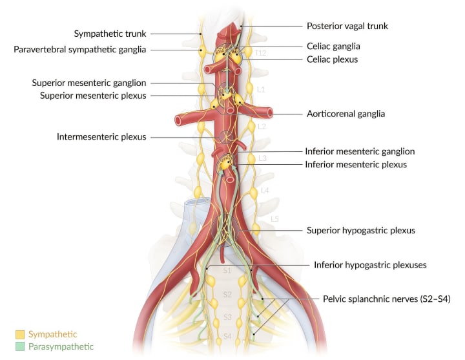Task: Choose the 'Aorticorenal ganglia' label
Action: [x=346, y=114]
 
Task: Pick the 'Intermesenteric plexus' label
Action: [x=101, y=137]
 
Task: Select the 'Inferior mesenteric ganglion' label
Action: [x=360, y=151]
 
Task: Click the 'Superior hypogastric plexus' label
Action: [x=360, y=230]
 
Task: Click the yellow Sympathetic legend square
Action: [x=19, y=334]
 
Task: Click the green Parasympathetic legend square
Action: [x=19, y=347]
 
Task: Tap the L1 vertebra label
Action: [x=261, y=89]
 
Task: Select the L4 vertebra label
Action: [x=265, y=191]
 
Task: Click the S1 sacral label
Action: [x=227, y=271]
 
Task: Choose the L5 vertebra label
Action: [x=274, y=219]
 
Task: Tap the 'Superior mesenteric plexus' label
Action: [x=93, y=96]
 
